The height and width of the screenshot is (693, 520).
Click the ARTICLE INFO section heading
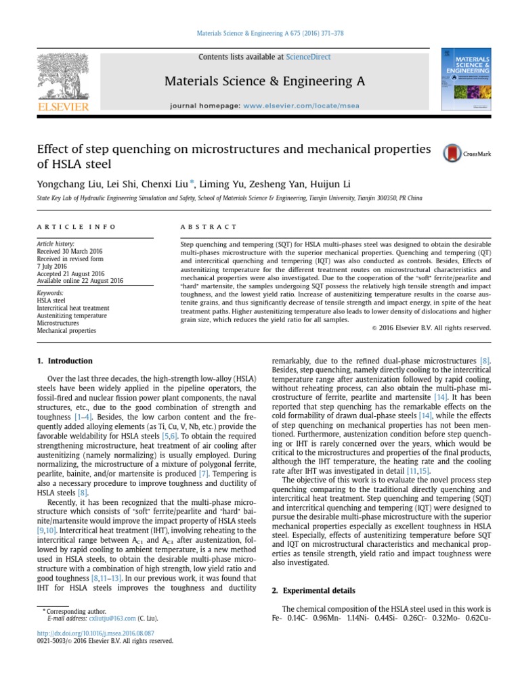pyautogui.click(x=76, y=226)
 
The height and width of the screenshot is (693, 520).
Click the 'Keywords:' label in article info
pyautogui.click(x=49, y=293)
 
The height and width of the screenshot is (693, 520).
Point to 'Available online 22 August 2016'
pyautogui.click(x=80, y=280)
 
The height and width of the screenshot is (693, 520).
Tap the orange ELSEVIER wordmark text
pyautogui.click(x=62, y=107)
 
